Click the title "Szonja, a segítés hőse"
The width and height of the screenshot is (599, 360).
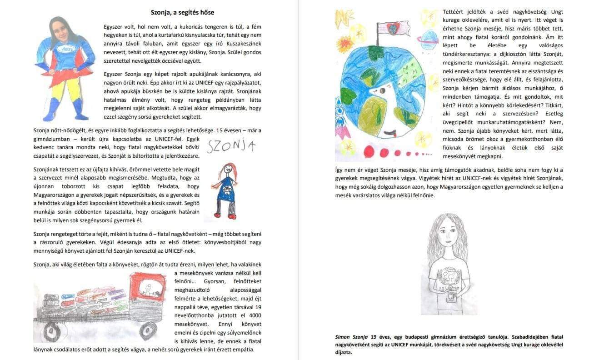[x=182, y=12]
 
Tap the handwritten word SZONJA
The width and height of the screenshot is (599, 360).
[x=231, y=145]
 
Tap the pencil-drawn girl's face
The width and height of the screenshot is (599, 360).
[x=449, y=239]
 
